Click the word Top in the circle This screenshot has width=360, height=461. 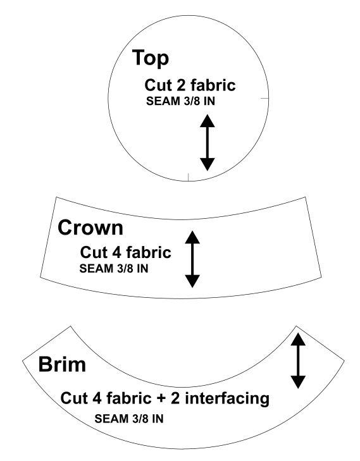coord(151,58)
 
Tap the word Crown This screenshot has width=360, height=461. coord(90,228)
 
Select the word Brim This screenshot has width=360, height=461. coord(62,364)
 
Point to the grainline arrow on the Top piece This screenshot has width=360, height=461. coord(208,142)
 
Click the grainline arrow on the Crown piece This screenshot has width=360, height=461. coord(192,259)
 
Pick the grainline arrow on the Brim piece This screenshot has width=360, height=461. coord(298,360)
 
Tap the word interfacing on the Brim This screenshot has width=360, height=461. coord(227,398)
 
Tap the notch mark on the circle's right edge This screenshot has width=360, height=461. coord(264,98)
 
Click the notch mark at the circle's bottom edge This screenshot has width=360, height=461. coord(188,177)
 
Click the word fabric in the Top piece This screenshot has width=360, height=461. coord(213,85)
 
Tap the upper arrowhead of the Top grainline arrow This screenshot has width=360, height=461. coord(208,121)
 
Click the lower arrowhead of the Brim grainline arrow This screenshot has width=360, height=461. coord(298,383)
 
